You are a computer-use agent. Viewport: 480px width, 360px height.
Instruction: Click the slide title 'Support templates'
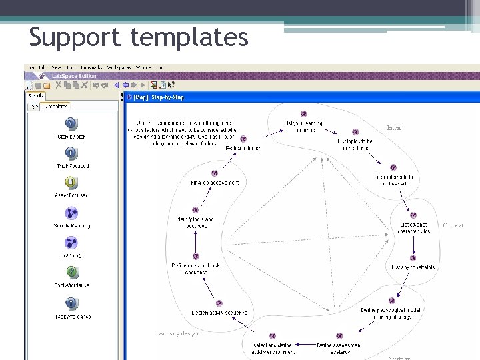[139, 37]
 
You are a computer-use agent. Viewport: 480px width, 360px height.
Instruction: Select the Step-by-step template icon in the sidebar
[71, 123]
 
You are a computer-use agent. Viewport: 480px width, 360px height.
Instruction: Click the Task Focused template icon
[71, 153]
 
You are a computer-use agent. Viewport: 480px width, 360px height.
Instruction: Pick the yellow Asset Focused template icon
[71, 183]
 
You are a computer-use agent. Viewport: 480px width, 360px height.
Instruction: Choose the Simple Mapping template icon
[71, 213]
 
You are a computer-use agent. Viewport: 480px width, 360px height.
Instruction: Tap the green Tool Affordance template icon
[71, 272]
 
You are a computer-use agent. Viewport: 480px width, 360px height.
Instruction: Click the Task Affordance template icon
[71, 303]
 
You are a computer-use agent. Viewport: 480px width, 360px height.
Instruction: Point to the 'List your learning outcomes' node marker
[303, 114]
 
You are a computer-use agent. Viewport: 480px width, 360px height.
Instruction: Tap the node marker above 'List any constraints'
[413, 257]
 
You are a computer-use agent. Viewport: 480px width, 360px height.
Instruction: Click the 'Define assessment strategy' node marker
[339, 336]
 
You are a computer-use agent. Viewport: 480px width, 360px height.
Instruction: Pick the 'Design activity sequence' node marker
[219, 302]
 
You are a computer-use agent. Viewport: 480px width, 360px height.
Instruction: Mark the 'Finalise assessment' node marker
[215, 173]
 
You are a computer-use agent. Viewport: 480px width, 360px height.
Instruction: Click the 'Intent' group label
[395, 127]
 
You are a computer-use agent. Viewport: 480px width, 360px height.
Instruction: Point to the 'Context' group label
[453, 226]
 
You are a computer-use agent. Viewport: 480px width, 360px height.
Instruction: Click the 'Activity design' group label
[179, 333]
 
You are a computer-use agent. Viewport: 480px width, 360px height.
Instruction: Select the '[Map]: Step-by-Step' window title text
[159, 97]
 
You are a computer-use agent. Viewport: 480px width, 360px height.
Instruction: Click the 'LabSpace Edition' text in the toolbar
[74, 76]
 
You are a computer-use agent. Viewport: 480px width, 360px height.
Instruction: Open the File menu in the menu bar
[30, 67]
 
